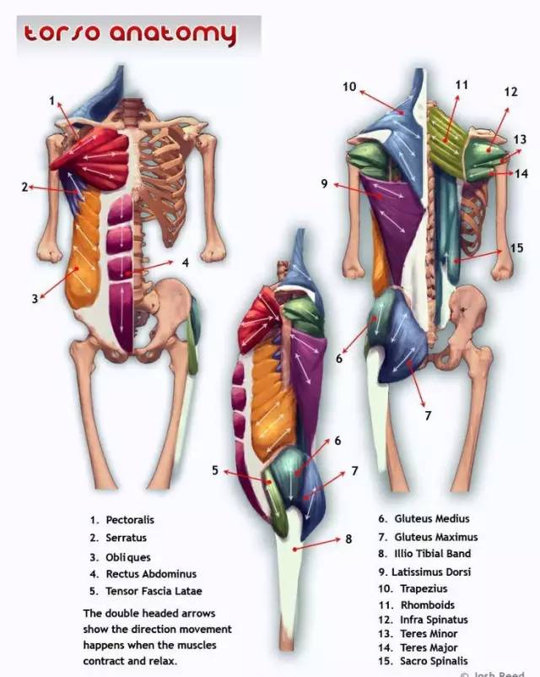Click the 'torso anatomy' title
[x=130, y=34]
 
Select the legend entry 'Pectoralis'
[x=130, y=520]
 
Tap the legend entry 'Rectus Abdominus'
[x=151, y=574]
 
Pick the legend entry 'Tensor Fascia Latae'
[x=154, y=591]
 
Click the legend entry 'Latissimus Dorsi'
[x=431, y=571]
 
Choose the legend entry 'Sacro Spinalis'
[x=434, y=661]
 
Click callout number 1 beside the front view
[x=51, y=101]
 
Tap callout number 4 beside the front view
[x=185, y=263]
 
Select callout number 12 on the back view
[x=510, y=92]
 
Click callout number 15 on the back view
[x=516, y=248]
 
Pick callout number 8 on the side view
[x=348, y=539]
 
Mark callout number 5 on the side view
[x=215, y=470]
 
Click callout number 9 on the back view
[x=324, y=184]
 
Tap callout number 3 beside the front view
[x=35, y=299]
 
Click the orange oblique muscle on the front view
[x=84, y=251]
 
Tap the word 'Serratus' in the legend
[x=126, y=538]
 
